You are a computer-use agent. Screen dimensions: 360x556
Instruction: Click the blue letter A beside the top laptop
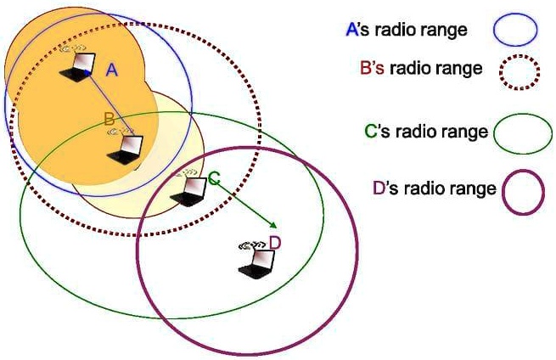pyautogui.click(x=110, y=71)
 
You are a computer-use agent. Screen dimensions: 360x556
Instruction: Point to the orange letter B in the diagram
pyautogui.click(x=109, y=120)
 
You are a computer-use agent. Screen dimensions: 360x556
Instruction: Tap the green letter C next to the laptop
pyautogui.click(x=214, y=178)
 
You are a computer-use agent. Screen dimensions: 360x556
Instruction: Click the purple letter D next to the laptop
pyautogui.click(x=274, y=245)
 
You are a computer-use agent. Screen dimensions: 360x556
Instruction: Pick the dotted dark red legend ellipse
pyautogui.click(x=515, y=71)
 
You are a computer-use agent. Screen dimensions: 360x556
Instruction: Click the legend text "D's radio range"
pyautogui.click(x=434, y=188)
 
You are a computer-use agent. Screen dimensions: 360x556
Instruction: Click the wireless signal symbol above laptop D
pyautogui.click(x=249, y=245)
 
